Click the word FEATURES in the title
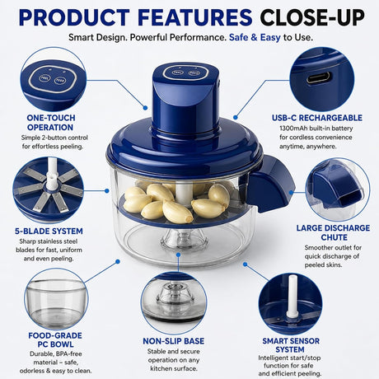point(195,17)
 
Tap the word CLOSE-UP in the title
point(312,17)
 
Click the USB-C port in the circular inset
point(319,78)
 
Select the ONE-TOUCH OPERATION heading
point(50,123)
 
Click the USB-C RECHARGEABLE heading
point(317,118)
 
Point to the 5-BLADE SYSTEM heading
point(49,232)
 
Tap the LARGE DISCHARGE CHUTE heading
point(333,232)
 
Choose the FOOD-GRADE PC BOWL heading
point(55,339)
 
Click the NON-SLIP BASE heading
point(174,341)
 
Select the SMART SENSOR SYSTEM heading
point(291,345)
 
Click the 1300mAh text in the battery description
point(293,129)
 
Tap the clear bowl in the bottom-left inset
point(56,302)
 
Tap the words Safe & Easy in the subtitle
point(255,37)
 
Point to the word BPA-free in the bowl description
point(69,353)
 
